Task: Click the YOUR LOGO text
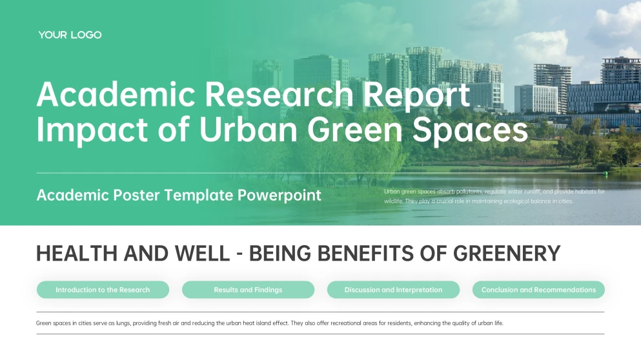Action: click(70, 35)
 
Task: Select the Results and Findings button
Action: click(248, 290)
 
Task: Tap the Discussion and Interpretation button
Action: click(393, 290)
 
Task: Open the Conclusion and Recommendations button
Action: click(538, 290)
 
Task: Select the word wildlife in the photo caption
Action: click(394, 201)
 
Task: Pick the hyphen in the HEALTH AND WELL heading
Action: click(239, 254)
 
